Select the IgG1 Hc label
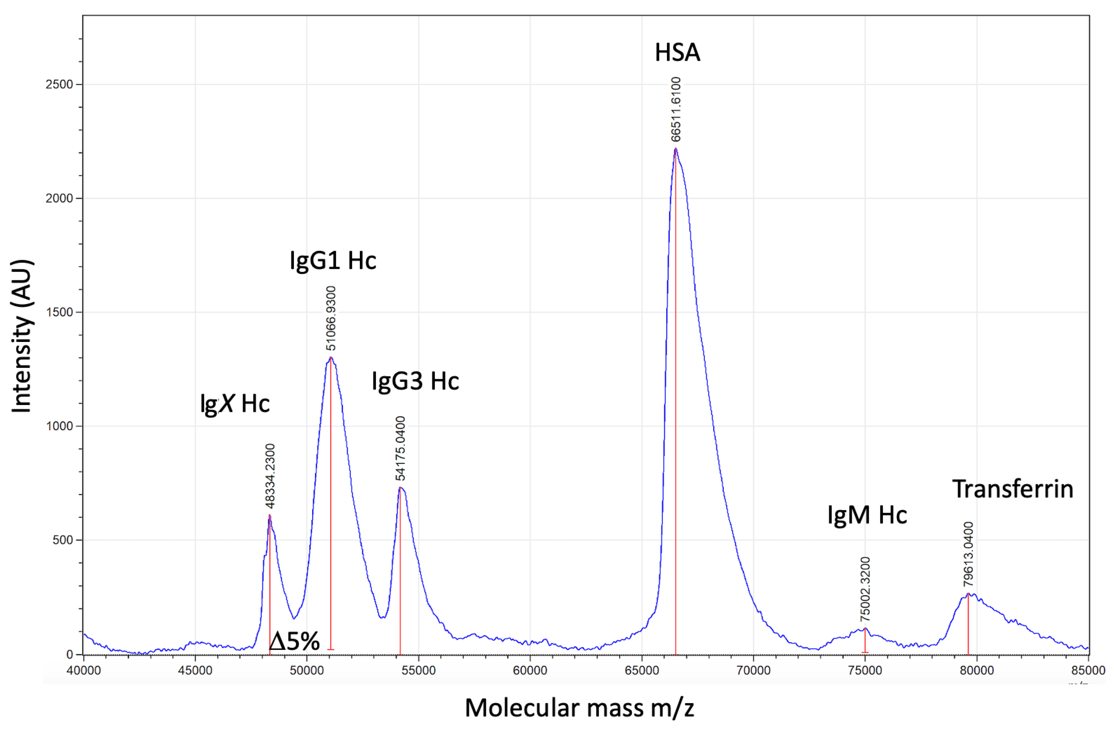point(333,261)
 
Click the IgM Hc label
point(867,515)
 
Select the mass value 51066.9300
point(331,318)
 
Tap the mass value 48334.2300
point(270,476)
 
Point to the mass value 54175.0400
point(400,448)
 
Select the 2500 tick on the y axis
point(60,85)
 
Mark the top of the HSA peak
point(675,148)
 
